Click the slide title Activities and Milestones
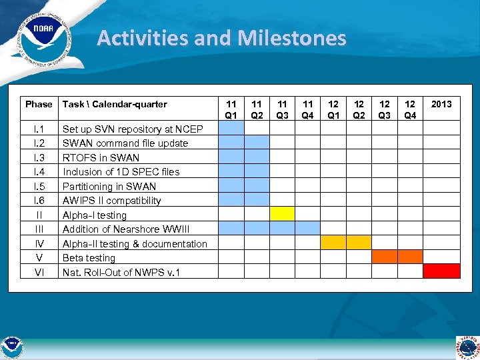coord(221,38)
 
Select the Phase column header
coord(39,104)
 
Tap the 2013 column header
coord(441,104)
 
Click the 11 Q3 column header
coord(282,109)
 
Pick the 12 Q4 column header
coord(410,109)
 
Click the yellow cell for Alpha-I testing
coord(282,214)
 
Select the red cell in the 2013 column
coord(441,271)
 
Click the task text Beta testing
coord(89,258)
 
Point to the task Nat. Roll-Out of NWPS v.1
coord(121,272)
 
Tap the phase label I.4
coord(39,172)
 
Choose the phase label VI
coord(39,272)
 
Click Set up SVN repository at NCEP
coord(133,129)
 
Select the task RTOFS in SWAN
coord(101,158)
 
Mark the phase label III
coord(39,229)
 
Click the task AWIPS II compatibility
coord(111,201)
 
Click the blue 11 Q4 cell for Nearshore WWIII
coord(307,228)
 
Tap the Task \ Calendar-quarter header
coord(115,104)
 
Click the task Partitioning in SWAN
coord(109,187)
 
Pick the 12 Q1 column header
coord(333,109)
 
